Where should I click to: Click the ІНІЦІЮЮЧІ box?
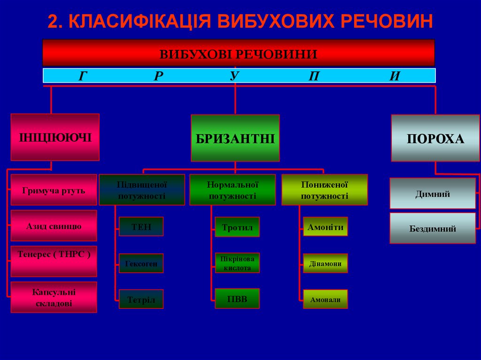55,137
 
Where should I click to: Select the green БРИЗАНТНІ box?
235,138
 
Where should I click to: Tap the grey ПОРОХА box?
435,138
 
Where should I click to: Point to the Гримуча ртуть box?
54,190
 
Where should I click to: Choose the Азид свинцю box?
54,226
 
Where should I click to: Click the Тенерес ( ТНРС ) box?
54,261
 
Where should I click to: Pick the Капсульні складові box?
54,297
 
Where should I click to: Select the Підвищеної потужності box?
141,190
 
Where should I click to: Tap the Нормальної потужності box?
232,190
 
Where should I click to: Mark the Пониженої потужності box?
324,190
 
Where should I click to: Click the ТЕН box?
141,227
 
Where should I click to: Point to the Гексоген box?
141,263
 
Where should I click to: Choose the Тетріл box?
141,299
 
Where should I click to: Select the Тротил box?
237,227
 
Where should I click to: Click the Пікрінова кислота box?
237,263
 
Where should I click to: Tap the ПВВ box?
237,299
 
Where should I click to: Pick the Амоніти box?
326,227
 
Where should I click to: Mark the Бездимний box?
432,229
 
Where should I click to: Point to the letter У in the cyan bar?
235,76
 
